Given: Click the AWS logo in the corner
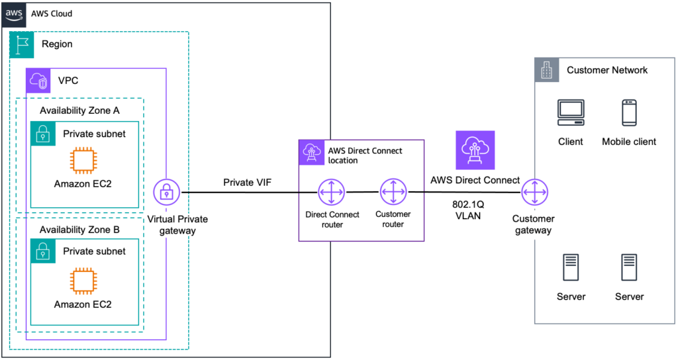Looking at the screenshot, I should coord(13,13).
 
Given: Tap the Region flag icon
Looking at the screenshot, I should coord(21,44).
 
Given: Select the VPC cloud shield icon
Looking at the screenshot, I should coord(38,81).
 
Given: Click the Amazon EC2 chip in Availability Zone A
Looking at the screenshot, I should coord(83,160).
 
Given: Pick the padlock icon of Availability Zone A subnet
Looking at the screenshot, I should coord(43,134).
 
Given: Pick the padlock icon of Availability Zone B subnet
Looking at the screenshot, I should coord(43,251).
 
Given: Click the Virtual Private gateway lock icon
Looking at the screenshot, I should coord(166,193).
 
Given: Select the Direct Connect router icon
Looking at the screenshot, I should coord(329,193).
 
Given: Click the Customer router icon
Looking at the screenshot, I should coord(393,193).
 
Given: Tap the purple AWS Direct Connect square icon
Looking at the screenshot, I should coord(474,150).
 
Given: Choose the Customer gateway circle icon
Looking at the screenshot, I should coord(532,193).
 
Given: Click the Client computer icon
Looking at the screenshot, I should coord(570,113).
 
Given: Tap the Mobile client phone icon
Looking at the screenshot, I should coord(629,113).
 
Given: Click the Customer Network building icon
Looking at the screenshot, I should coord(547,69).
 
